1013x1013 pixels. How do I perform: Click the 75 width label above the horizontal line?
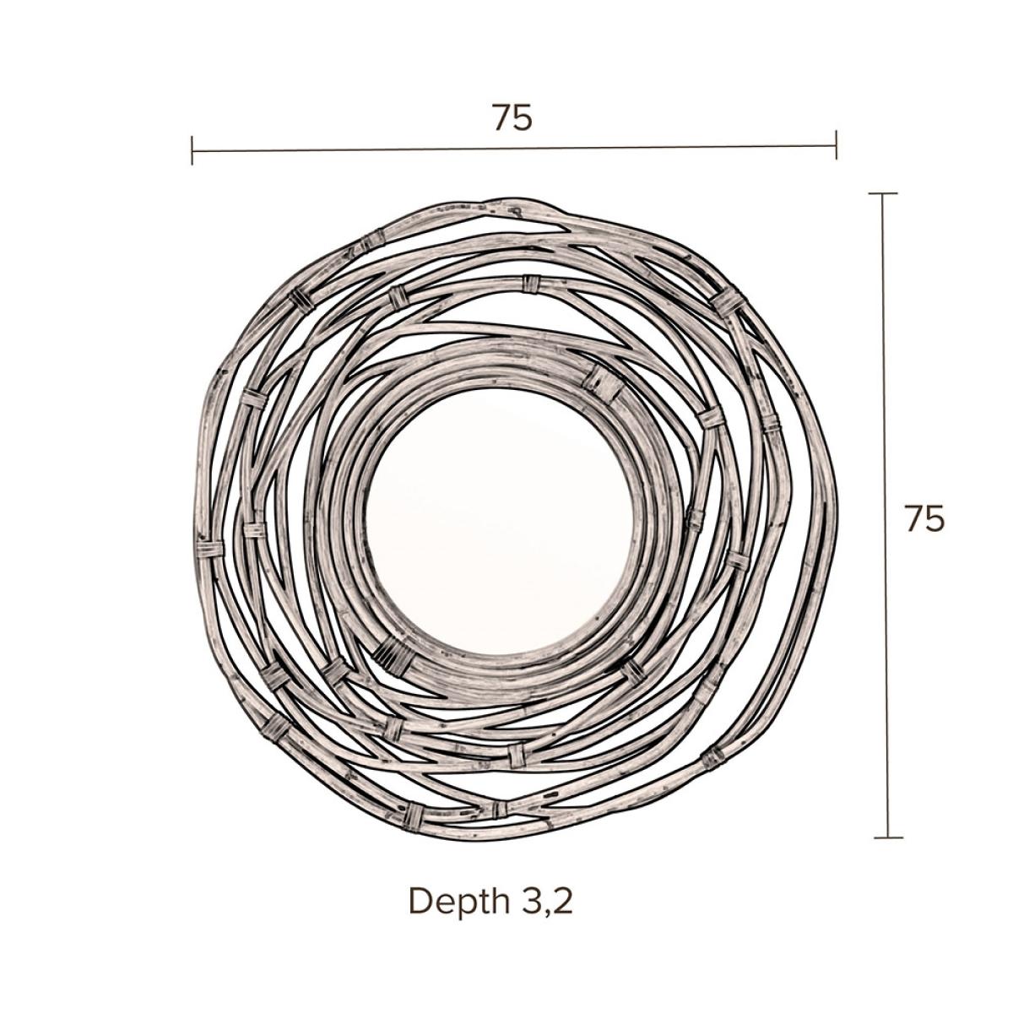pos(512,117)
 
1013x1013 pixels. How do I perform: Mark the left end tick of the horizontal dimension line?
pos(192,150)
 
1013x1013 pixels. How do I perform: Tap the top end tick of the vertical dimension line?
pos(883,194)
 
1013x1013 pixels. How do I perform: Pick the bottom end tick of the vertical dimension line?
pos(888,837)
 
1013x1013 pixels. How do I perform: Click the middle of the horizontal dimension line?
pos(514,149)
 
